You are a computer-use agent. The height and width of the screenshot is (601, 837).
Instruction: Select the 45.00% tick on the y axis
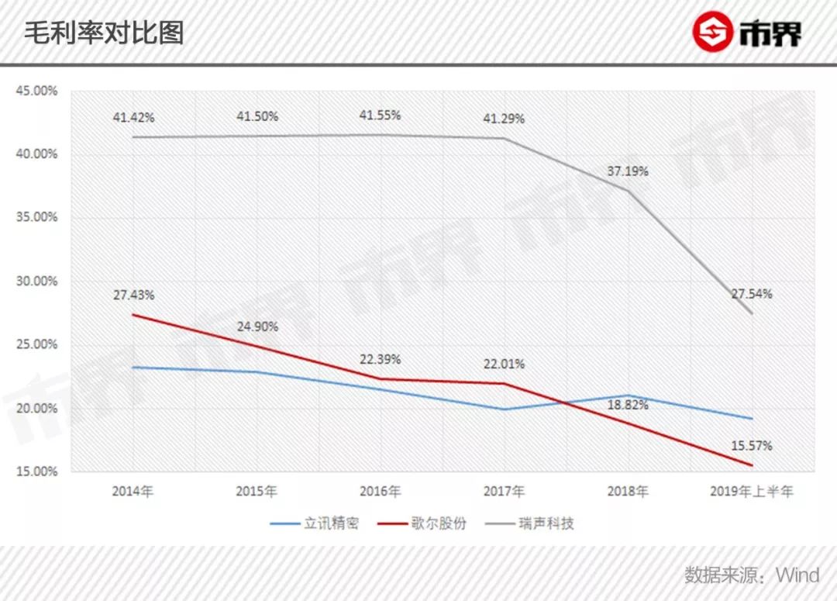pyautogui.click(x=37, y=91)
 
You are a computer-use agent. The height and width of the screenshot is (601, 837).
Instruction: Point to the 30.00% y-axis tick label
pyautogui.click(x=37, y=282)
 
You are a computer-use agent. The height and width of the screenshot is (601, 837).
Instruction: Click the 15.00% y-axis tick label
pyautogui.click(x=37, y=471)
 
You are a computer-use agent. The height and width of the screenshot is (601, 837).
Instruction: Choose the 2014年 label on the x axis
pyautogui.click(x=133, y=492)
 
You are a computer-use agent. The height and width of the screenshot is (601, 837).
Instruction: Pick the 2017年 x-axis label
pyautogui.click(x=504, y=492)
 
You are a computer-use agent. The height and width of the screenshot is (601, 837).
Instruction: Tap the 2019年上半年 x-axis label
pyautogui.click(x=751, y=492)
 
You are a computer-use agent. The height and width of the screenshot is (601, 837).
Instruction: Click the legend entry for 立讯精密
pyautogui.click(x=315, y=523)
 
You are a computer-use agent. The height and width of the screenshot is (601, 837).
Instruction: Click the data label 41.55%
pyautogui.click(x=380, y=116)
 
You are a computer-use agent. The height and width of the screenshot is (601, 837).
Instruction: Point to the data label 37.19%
pyautogui.click(x=628, y=171)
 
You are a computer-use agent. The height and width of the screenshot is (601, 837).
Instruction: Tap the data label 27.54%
pyautogui.click(x=751, y=295)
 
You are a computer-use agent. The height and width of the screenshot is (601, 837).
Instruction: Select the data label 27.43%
pyautogui.click(x=133, y=295)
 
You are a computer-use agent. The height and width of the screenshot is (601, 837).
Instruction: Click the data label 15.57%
pyautogui.click(x=751, y=446)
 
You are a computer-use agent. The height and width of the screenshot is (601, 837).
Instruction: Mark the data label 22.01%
pyautogui.click(x=504, y=364)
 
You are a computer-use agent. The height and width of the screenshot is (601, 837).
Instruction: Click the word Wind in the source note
pyautogui.click(x=797, y=575)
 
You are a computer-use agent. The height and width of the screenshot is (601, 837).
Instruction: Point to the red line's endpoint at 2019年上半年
pyautogui.click(x=751, y=465)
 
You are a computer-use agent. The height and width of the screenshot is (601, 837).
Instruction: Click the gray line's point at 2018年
pyautogui.click(x=628, y=190)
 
